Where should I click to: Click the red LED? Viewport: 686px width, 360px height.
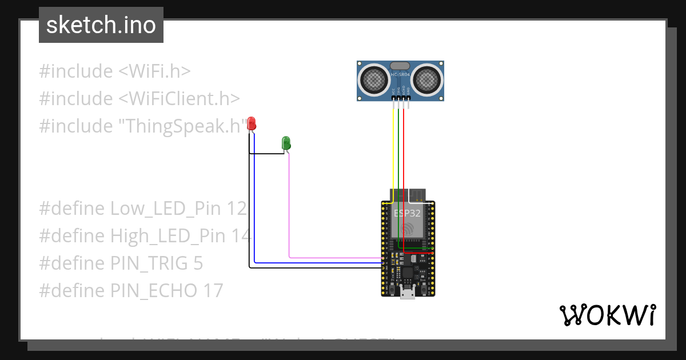point(251,123)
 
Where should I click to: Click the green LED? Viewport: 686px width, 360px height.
point(286,142)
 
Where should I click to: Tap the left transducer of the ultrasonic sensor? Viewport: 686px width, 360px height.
point(372,79)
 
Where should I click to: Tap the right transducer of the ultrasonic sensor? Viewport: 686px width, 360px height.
point(428,79)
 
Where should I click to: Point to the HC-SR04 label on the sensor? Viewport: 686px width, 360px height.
point(400,75)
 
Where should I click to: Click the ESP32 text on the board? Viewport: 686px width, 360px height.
point(407,213)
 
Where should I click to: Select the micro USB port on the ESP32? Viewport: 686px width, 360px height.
point(408,293)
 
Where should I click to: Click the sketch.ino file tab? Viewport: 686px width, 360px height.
point(101,25)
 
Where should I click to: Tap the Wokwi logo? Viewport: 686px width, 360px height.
point(607,315)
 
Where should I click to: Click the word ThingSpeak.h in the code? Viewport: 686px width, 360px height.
point(181,126)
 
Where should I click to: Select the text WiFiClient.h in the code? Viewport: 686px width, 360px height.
point(179,98)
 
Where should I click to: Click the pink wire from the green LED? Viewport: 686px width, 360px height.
point(289,211)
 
